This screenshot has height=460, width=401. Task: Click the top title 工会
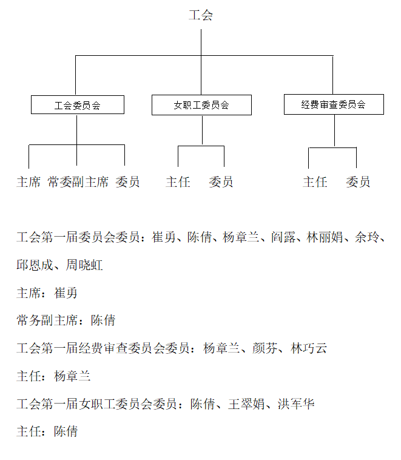click(x=201, y=15)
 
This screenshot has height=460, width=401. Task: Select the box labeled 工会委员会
click(x=78, y=105)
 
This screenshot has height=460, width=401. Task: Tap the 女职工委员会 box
click(x=201, y=105)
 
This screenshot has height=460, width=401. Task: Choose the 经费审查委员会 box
click(x=334, y=104)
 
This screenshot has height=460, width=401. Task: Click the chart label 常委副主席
click(x=78, y=182)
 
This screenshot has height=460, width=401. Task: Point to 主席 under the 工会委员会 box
click(x=29, y=182)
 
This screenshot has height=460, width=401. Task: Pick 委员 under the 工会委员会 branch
click(x=127, y=182)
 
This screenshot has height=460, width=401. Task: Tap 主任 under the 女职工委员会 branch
click(x=178, y=182)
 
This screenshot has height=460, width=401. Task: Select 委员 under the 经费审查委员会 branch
click(x=358, y=182)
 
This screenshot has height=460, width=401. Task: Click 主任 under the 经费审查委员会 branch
click(x=315, y=182)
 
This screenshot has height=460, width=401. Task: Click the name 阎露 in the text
click(x=283, y=237)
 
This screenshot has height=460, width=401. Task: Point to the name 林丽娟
click(x=325, y=237)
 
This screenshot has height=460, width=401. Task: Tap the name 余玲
click(x=366, y=237)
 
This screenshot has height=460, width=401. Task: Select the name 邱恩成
click(x=35, y=265)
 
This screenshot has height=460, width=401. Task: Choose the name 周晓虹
click(x=84, y=265)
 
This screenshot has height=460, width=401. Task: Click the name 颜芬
click(x=265, y=348)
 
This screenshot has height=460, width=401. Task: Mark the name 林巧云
click(x=309, y=348)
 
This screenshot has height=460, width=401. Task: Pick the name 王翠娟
click(x=246, y=404)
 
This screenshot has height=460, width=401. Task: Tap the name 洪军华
click(x=296, y=404)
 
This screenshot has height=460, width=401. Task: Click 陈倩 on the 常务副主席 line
click(x=103, y=320)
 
